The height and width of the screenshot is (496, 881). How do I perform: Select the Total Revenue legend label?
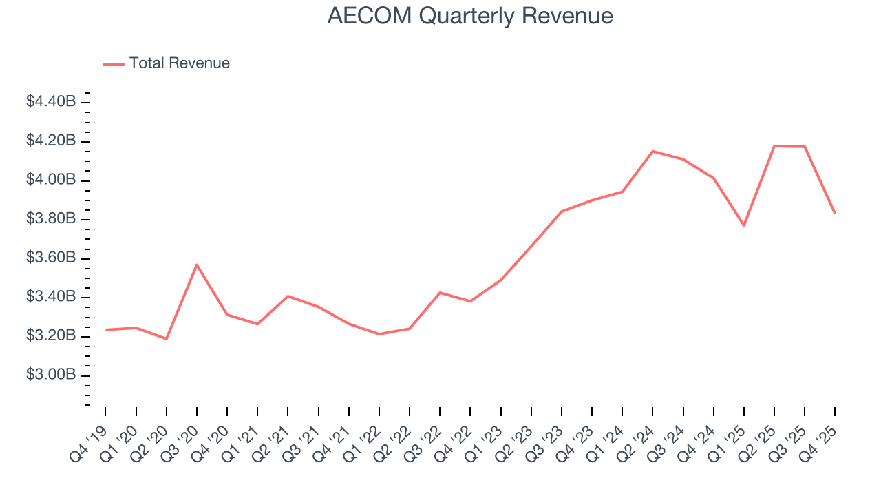coord(180,63)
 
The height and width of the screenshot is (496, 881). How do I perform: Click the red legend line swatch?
coord(114,64)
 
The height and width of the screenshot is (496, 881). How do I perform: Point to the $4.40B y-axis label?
coord(51,102)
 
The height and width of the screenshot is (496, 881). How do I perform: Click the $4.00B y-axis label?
coord(51,180)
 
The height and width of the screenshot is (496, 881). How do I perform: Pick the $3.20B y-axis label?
coord(51,336)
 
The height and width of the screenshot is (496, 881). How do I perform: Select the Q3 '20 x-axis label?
coord(182,434)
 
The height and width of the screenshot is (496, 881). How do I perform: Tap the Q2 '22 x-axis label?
coord(394,434)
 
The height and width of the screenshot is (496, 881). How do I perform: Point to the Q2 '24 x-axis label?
coord(637,434)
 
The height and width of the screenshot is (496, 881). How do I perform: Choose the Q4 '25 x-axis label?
coord(820,434)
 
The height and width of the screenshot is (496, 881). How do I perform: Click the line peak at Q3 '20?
coord(197,265)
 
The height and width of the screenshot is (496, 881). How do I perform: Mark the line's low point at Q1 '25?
coord(744,225)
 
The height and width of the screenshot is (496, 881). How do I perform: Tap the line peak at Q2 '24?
coord(652,152)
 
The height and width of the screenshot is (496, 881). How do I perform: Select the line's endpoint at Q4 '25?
coord(835,213)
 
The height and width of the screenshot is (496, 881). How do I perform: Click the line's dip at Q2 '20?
coord(167,339)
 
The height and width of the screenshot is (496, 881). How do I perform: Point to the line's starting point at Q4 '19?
coord(106,330)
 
